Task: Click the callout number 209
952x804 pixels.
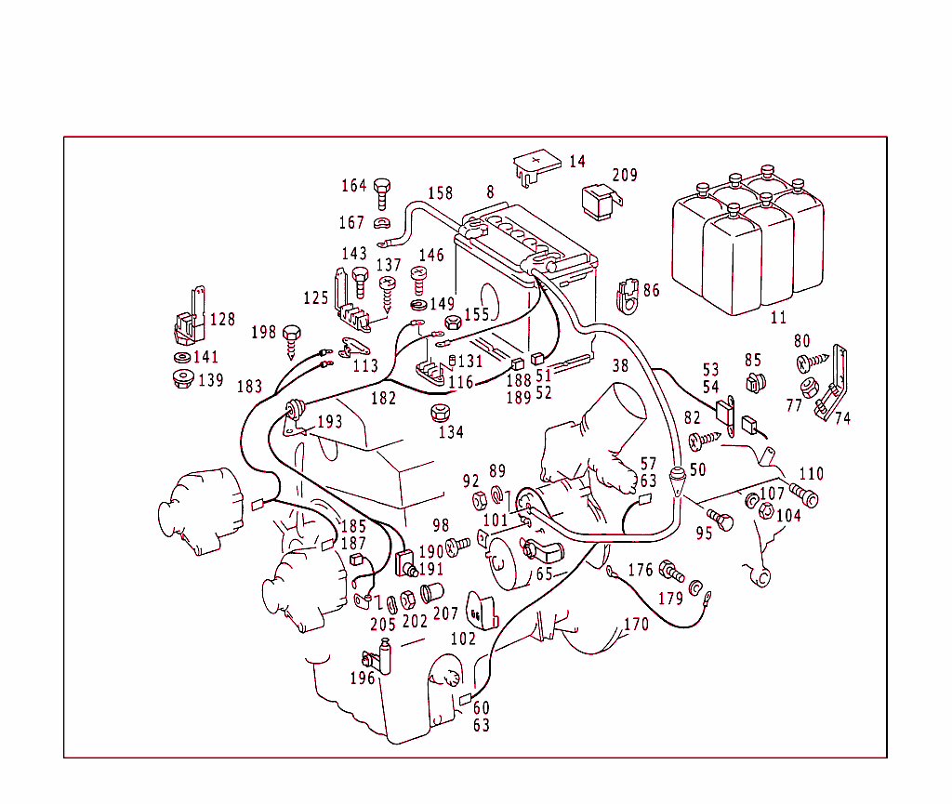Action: click(625, 175)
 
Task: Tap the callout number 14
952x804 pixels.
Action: click(576, 162)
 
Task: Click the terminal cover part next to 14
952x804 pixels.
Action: click(536, 165)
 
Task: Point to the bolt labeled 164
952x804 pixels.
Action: click(381, 192)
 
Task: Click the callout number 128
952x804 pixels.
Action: click(222, 320)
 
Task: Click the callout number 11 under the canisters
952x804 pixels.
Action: click(778, 318)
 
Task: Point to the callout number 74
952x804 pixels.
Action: click(842, 418)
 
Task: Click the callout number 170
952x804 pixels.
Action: click(635, 625)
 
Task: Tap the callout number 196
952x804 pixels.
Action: click(363, 679)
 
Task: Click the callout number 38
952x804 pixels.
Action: click(620, 366)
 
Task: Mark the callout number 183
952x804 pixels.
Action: click(249, 387)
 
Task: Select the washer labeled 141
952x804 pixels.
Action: click(180, 357)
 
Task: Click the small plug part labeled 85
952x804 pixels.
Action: click(754, 381)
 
